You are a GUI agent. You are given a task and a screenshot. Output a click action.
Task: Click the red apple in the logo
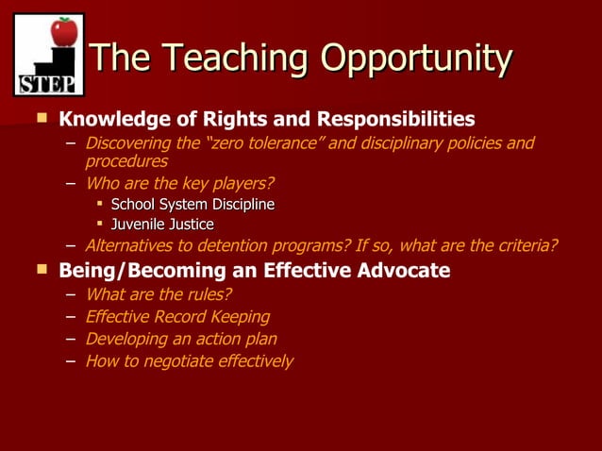[x=63, y=31]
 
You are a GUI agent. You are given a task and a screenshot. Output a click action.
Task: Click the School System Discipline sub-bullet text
[x=192, y=204]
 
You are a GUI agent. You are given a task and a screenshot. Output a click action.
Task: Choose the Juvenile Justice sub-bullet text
[x=162, y=225]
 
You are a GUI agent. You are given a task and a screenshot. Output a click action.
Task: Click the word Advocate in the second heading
[x=403, y=272]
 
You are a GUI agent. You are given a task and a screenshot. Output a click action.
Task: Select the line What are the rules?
[x=159, y=294]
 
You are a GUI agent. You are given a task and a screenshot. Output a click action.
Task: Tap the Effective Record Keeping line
[x=177, y=317]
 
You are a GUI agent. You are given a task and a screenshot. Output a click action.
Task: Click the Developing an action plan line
[x=181, y=339]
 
